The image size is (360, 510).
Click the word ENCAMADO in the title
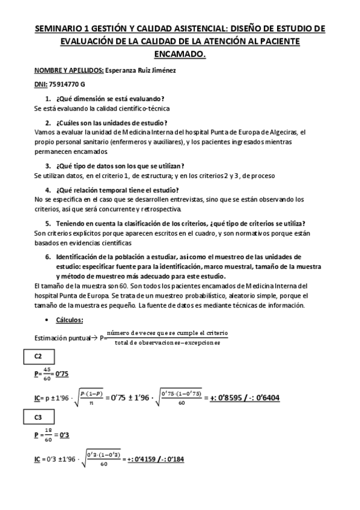180,54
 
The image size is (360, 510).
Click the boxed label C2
38,357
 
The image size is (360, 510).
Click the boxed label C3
38,417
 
